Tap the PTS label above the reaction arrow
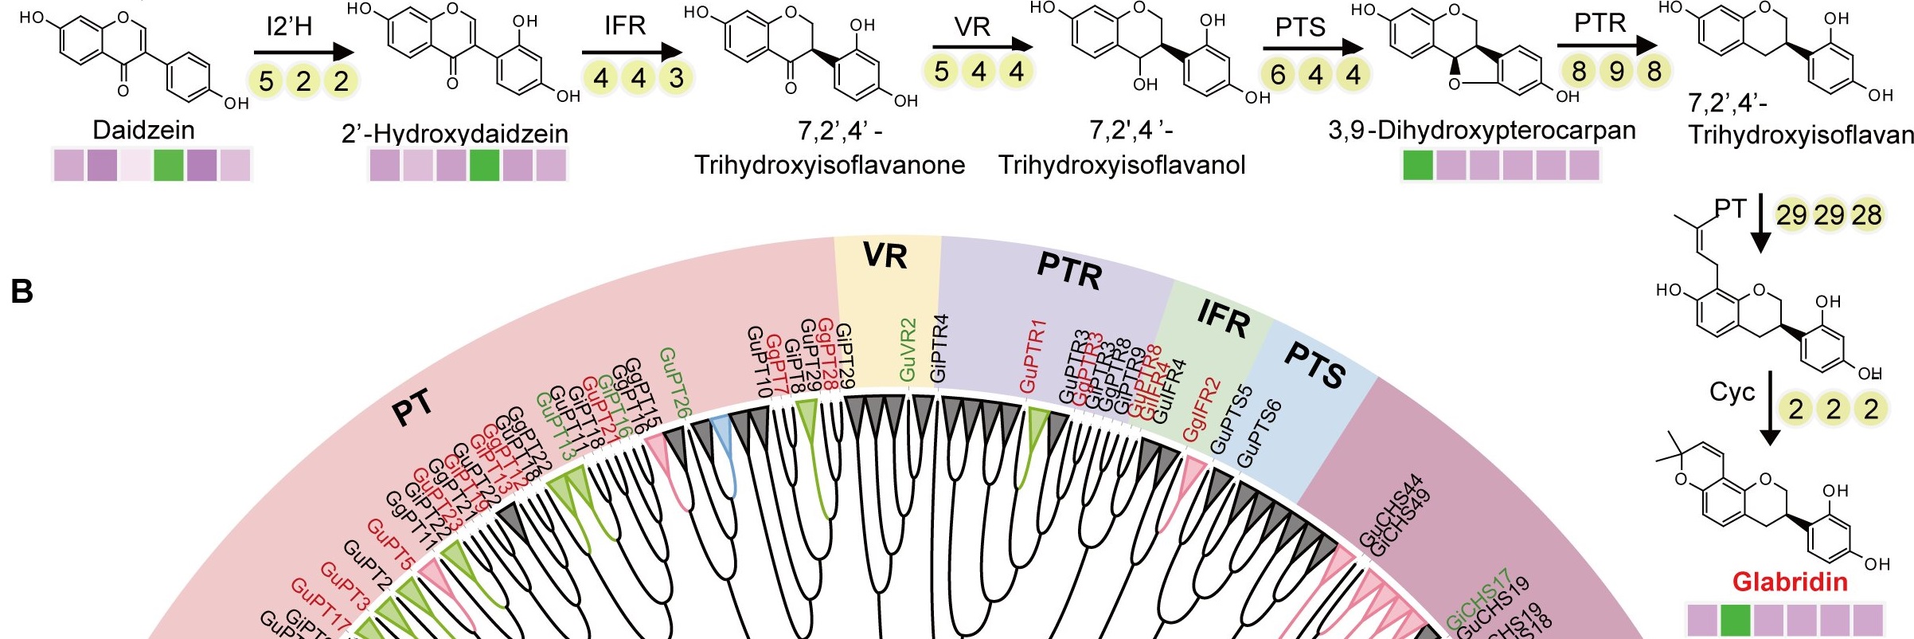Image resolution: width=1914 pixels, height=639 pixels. (x=1300, y=27)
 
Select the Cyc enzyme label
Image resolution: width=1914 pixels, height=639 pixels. (x=1732, y=392)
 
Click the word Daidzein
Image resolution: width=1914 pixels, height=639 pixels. (x=143, y=130)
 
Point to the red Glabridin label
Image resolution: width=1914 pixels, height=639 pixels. (x=1790, y=582)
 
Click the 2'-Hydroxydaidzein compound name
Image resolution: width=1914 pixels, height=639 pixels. (x=455, y=133)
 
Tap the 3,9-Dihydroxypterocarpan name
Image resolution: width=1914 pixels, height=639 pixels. (x=1482, y=130)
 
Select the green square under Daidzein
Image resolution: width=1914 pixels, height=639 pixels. (x=169, y=165)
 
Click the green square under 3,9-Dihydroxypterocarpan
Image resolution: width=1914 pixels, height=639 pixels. (x=1417, y=165)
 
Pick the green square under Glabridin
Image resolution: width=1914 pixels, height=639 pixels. (x=1736, y=619)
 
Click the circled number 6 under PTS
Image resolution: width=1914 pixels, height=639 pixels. (x=1278, y=75)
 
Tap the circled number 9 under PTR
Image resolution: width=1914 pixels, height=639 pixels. (x=1616, y=72)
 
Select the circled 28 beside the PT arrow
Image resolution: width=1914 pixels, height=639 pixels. (x=1866, y=214)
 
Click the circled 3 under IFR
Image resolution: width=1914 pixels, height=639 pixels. (x=676, y=78)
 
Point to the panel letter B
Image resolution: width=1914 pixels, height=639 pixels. (x=21, y=292)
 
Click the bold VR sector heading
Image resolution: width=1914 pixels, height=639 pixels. (x=885, y=256)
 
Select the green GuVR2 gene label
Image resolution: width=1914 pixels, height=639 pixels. (x=908, y=350)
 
